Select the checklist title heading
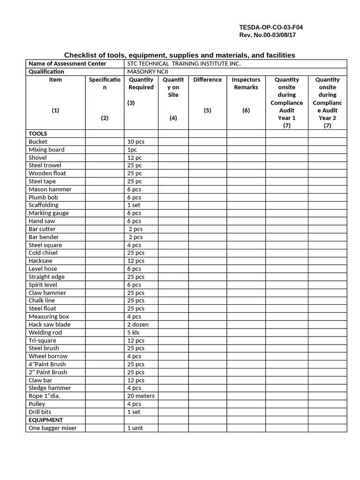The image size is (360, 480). coord(180,55)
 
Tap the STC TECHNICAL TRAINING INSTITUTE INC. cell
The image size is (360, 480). coord(184,64)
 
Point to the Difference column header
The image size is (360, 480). coord(207,80)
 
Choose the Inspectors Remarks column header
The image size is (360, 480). coord(246,83)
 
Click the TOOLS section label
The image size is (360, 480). coord(38,134)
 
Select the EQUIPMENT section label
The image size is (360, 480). coord(46,420)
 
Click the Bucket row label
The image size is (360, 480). coord(38,142)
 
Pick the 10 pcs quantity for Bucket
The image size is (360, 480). coord(135,142)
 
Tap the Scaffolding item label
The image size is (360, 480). coord(44,205)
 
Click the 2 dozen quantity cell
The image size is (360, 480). coord(137,324)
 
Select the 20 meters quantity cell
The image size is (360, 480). coord(141,396)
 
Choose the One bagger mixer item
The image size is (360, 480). coord(52,428)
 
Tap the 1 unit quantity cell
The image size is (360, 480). coord(135,428)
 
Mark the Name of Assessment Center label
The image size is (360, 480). coord(67,64)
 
